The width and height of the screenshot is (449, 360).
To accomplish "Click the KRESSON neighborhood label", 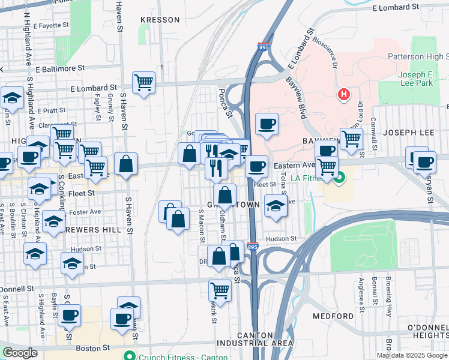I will click(160, 20).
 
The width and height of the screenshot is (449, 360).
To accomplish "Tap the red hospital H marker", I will click(343, 94).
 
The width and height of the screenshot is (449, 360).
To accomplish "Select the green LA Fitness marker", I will click(340, 177).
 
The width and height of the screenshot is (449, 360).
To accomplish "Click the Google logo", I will click(20, 353).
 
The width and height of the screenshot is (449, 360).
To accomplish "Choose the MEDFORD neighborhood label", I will click(333, 316).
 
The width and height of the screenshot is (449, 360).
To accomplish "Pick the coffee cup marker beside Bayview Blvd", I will click(267, 124).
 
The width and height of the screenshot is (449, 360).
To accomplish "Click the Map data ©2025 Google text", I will click(411, 355).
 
